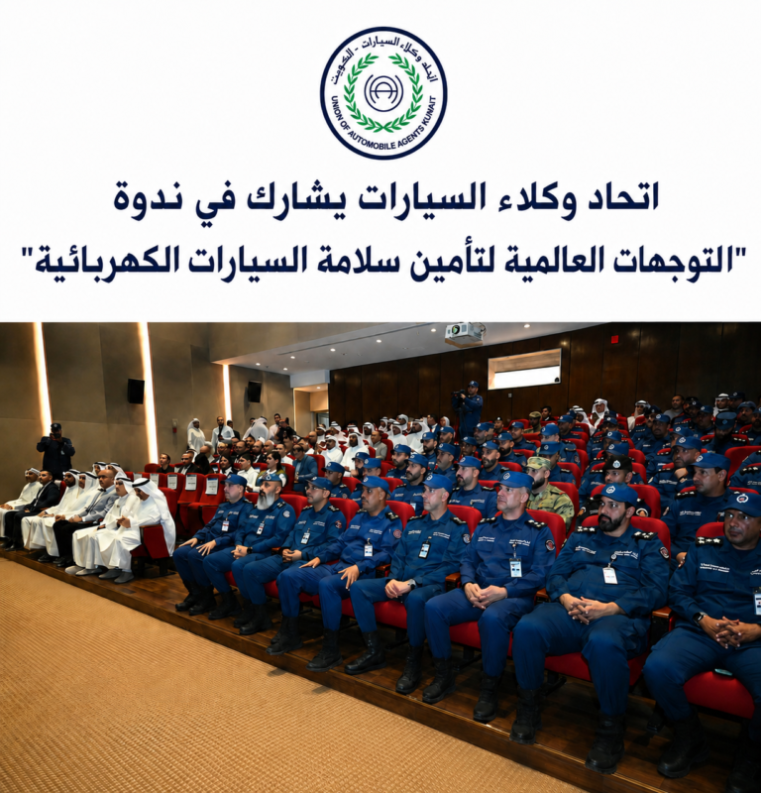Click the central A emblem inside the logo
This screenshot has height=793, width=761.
click(383, 92)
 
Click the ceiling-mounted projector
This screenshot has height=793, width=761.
click(464, 334)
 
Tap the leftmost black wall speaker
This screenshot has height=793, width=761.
click(136, 391)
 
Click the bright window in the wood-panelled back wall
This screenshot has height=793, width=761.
click(524, 368)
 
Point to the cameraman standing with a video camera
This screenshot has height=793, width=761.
click(469, 408)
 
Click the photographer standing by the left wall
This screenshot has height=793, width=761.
click(54, 450)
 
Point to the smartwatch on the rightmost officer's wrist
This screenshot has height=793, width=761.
click(700, 619)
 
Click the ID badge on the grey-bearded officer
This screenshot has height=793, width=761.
click(260, 528)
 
